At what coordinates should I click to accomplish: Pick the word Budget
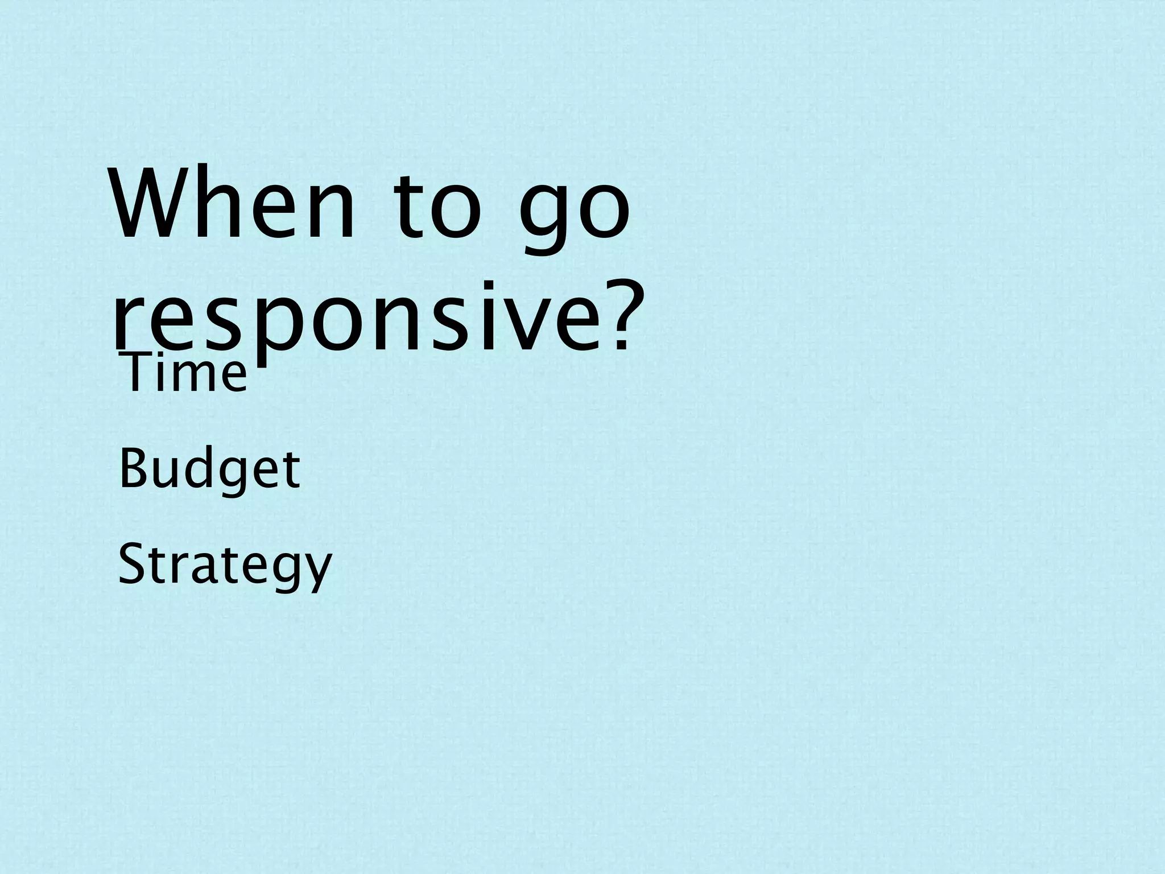click(x=209, y=470)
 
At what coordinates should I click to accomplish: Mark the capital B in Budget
click(x=132, y=469)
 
